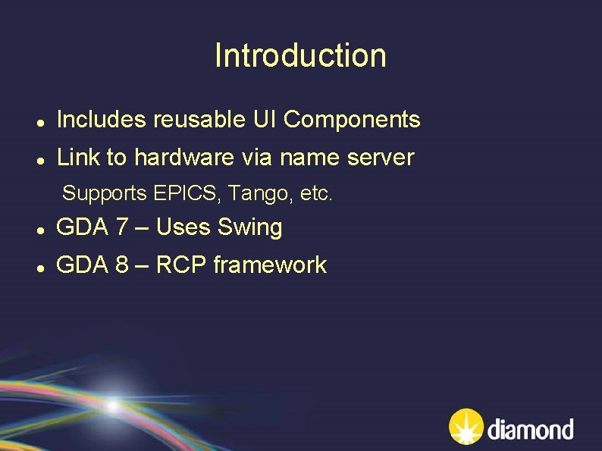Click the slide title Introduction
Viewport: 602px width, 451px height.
point(300,55)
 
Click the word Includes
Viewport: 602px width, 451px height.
point(102,119)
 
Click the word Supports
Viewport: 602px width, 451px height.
point(105,193)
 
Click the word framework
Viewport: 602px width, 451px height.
point(270,265)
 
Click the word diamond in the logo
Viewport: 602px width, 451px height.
point(531,430)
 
